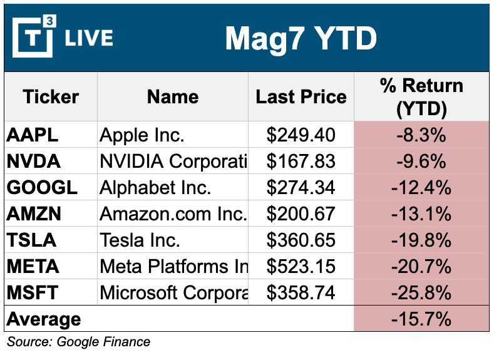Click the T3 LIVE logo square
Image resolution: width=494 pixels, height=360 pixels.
tap(33, 38)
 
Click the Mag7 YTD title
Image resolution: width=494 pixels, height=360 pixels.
tap(301, 39)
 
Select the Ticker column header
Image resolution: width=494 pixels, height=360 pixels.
tap(51, 97)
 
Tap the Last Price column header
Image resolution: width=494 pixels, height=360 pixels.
tap(301, 97)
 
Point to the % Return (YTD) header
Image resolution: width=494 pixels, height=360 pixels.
tap(421, 97)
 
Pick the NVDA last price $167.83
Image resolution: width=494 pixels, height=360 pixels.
tap(301, 162)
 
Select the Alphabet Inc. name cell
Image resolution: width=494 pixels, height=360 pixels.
tap(156, 188)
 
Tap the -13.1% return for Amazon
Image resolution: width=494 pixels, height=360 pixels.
tap(421, 214)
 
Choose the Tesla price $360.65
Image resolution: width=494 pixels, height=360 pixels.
tap(301, 240)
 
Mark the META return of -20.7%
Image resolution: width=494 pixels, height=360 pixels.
tap(421, 267)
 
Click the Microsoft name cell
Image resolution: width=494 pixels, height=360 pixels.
tap(173, 293)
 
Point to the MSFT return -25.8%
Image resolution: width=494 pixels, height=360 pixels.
tap(421, 293)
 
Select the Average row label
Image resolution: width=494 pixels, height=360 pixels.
tap(44, 319)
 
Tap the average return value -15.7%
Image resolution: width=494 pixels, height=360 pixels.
tap(421, 319)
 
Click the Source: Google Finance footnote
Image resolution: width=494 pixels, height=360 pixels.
tap(79, 342)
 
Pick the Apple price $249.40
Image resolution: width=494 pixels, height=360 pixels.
tap(301, 135)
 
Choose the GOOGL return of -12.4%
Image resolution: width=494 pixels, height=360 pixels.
tap(421, 188)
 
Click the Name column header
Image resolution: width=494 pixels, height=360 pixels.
tap(173, 97)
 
